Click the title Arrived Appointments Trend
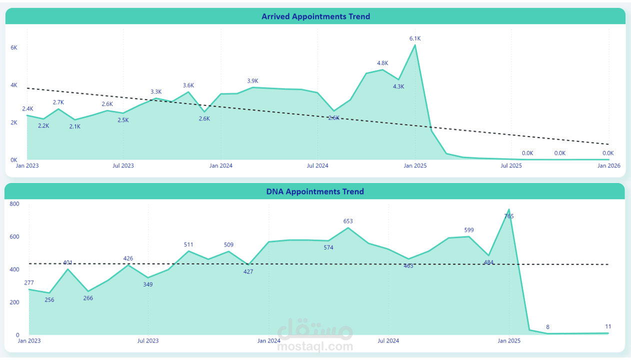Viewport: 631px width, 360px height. tap(315, 16)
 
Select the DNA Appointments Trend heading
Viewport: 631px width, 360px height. tap(315, 191)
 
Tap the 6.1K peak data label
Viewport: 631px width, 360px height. tap(415, 38)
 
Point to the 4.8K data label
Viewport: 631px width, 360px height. tap(382, 63)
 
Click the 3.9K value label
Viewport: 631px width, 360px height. tap(252, 81)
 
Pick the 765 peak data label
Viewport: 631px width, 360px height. tap(509, 216)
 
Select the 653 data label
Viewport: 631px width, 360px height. tap(348, 221)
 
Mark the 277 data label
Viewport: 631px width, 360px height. tap(29, 283)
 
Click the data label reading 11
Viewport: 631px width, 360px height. tap(608, 326)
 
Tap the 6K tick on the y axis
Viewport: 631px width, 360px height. tap(14, 47)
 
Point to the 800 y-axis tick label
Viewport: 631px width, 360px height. tap(14, 204)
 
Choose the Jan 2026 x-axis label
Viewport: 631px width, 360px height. tap(609, 165)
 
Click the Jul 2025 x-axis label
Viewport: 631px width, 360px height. tap(511, 165)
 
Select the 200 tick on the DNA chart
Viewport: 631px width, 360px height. tap(14, 302)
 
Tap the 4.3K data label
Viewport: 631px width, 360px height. tap(398, 86)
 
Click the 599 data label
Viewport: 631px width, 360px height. tap(468, 230)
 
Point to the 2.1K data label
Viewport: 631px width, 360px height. tap(74, 126)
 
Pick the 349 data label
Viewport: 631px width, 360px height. tap(147, 284)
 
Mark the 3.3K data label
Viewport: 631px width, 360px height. tap(156, 92)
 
